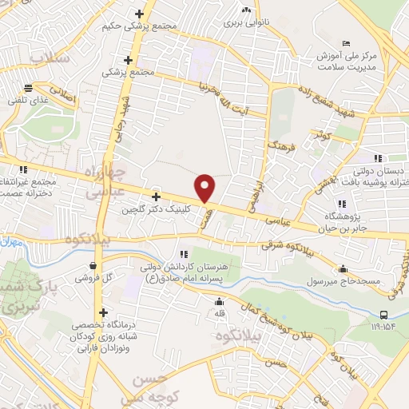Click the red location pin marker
pos(205,187)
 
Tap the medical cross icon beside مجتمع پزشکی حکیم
pos(140,14)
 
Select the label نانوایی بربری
pos(245,22)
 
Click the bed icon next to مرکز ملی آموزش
pos(345,43)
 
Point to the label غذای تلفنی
pos(28,101)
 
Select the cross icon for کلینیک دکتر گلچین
pos(156,197)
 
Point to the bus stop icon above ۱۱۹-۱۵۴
pos(384,315)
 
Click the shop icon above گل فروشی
pos(93,266)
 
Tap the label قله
pos(219,313)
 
